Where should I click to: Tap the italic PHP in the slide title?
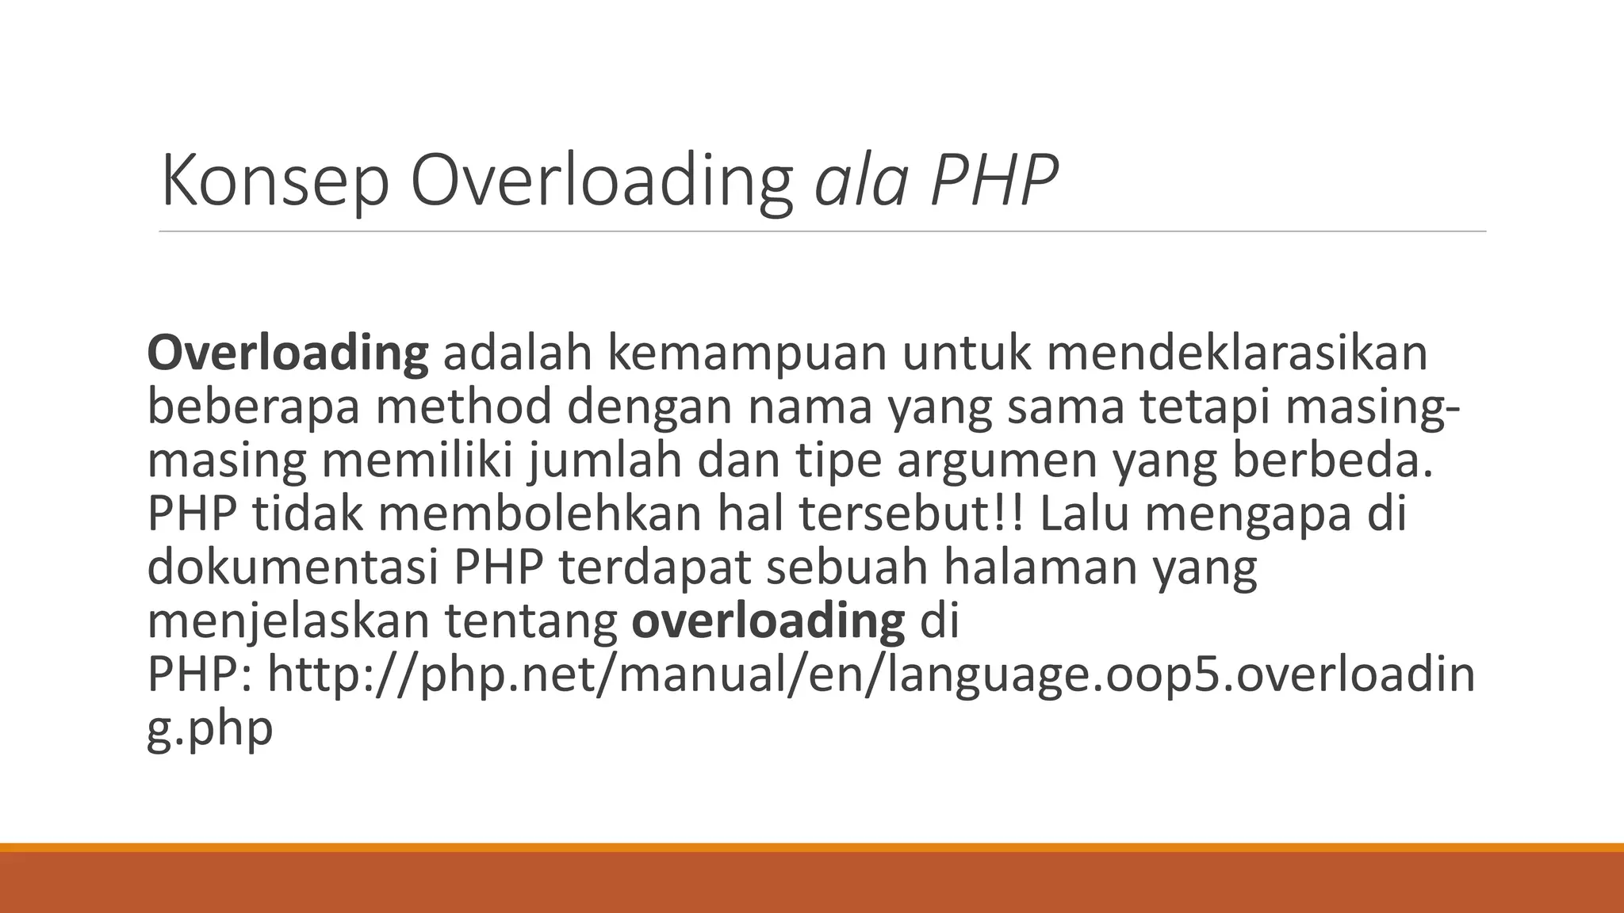click(994, 181)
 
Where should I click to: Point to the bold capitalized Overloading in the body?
click(288, 354)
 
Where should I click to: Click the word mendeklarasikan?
click(1236, 353)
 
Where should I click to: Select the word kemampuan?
click(746, 353)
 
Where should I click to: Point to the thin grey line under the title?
click(822, 232)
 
